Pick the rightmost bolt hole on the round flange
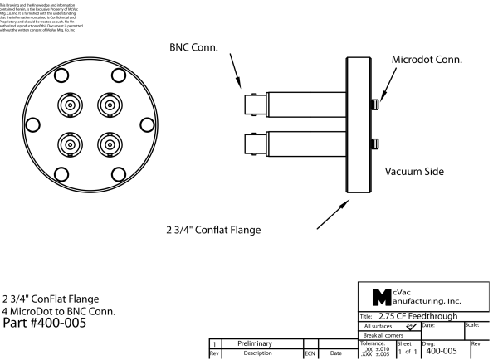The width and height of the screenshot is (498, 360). [x=147, y=124]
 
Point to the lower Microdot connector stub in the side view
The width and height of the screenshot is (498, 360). [x=375, y=141]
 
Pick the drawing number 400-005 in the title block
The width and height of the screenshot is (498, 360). [x=445, y=352]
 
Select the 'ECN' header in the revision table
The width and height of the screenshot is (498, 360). [x=310, y=352]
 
